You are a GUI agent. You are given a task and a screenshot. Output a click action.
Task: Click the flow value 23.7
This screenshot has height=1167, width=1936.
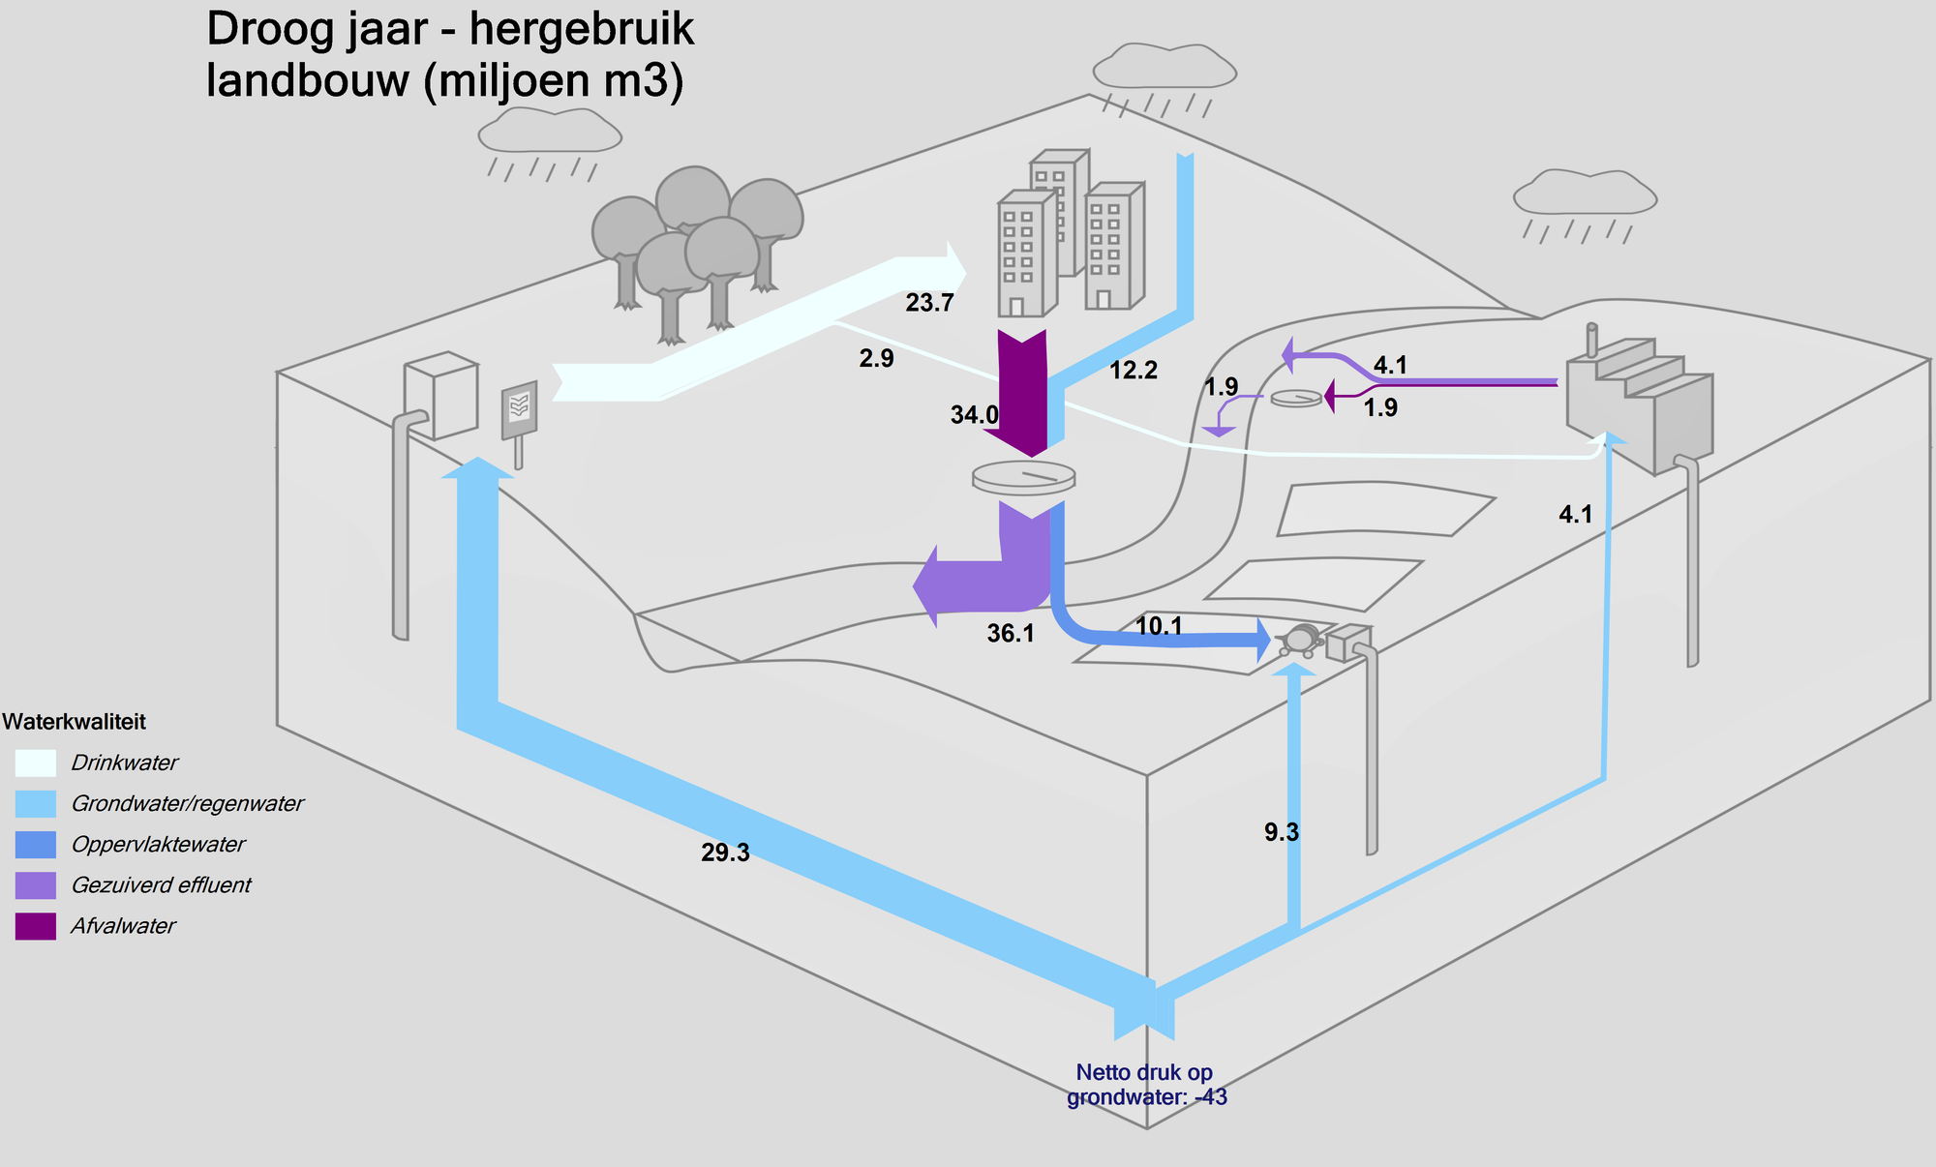pos(929,303)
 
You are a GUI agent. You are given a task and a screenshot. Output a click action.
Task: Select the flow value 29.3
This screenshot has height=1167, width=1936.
pos(725,853)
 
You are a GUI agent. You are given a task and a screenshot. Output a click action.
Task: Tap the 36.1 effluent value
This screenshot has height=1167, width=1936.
pos(1011,634)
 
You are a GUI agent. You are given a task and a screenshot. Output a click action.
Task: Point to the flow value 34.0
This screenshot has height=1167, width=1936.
pos(974,415)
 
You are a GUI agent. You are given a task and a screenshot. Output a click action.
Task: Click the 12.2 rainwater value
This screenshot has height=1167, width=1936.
pos(1134,371)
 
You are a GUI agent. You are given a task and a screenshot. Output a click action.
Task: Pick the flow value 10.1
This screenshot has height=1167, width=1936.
pos(1159,626)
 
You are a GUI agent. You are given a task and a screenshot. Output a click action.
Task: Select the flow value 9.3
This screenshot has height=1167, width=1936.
pos(1282,832)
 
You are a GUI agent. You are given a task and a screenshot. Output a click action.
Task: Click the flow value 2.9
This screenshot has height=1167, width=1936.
pos(876,359)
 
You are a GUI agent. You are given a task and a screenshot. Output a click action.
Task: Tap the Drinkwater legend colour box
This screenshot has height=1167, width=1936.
pos(36,763)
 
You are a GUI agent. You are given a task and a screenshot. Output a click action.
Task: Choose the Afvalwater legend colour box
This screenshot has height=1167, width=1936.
pos(36,926)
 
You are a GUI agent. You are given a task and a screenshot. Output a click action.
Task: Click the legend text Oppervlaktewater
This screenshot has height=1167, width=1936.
pos(158,845)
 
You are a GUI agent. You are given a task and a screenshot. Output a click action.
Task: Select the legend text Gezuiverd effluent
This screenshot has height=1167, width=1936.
pos(161,885)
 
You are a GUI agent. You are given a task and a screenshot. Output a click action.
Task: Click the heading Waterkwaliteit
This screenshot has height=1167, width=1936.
pos(75,722)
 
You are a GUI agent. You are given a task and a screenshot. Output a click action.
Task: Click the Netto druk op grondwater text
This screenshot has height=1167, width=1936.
pos(1146,1085)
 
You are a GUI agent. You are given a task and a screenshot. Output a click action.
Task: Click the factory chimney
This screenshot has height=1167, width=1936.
pos(1591,341)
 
